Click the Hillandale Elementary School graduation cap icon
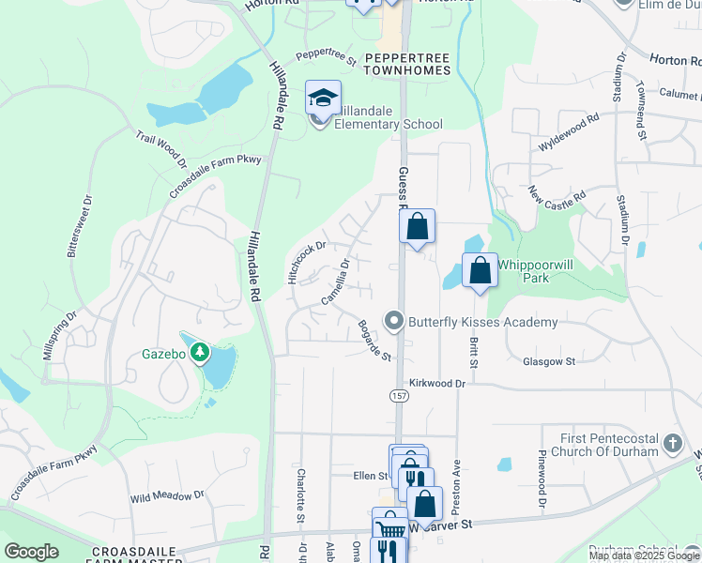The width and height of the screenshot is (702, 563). (322, 99)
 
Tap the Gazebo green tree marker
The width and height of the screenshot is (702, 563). (199, 353)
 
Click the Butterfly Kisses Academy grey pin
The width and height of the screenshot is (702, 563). (395, 322)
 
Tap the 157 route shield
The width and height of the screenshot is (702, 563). (399, 397)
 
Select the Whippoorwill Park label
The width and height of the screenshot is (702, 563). (534, 272)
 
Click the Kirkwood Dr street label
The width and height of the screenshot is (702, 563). (437, 384)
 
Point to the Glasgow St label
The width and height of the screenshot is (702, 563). (549, 361)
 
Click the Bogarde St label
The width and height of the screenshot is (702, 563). (374, 340)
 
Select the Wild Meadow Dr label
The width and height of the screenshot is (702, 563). (167, 496)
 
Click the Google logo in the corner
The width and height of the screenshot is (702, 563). (31, 552)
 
